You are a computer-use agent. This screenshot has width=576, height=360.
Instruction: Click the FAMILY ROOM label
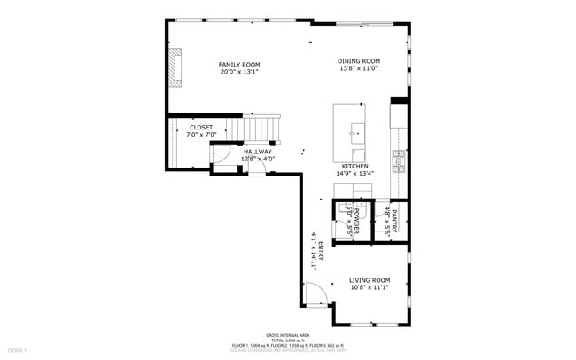239,64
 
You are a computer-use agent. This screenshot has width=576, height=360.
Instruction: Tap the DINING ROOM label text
359,61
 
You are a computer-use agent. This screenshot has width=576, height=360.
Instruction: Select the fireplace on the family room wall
175,68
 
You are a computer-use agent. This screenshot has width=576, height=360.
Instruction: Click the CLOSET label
201,127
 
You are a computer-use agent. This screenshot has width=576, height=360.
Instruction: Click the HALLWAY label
258,152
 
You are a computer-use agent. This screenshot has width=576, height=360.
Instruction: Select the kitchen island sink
356,134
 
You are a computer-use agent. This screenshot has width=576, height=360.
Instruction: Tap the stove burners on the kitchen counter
399,160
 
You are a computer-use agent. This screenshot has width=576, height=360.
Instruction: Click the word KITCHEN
354,166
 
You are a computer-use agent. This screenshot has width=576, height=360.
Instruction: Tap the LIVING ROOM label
370,279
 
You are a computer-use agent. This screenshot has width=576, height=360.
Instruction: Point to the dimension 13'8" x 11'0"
359,69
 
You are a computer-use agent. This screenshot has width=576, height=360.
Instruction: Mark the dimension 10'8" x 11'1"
370,287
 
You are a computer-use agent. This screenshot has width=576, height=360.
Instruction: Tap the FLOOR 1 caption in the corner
9,353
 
